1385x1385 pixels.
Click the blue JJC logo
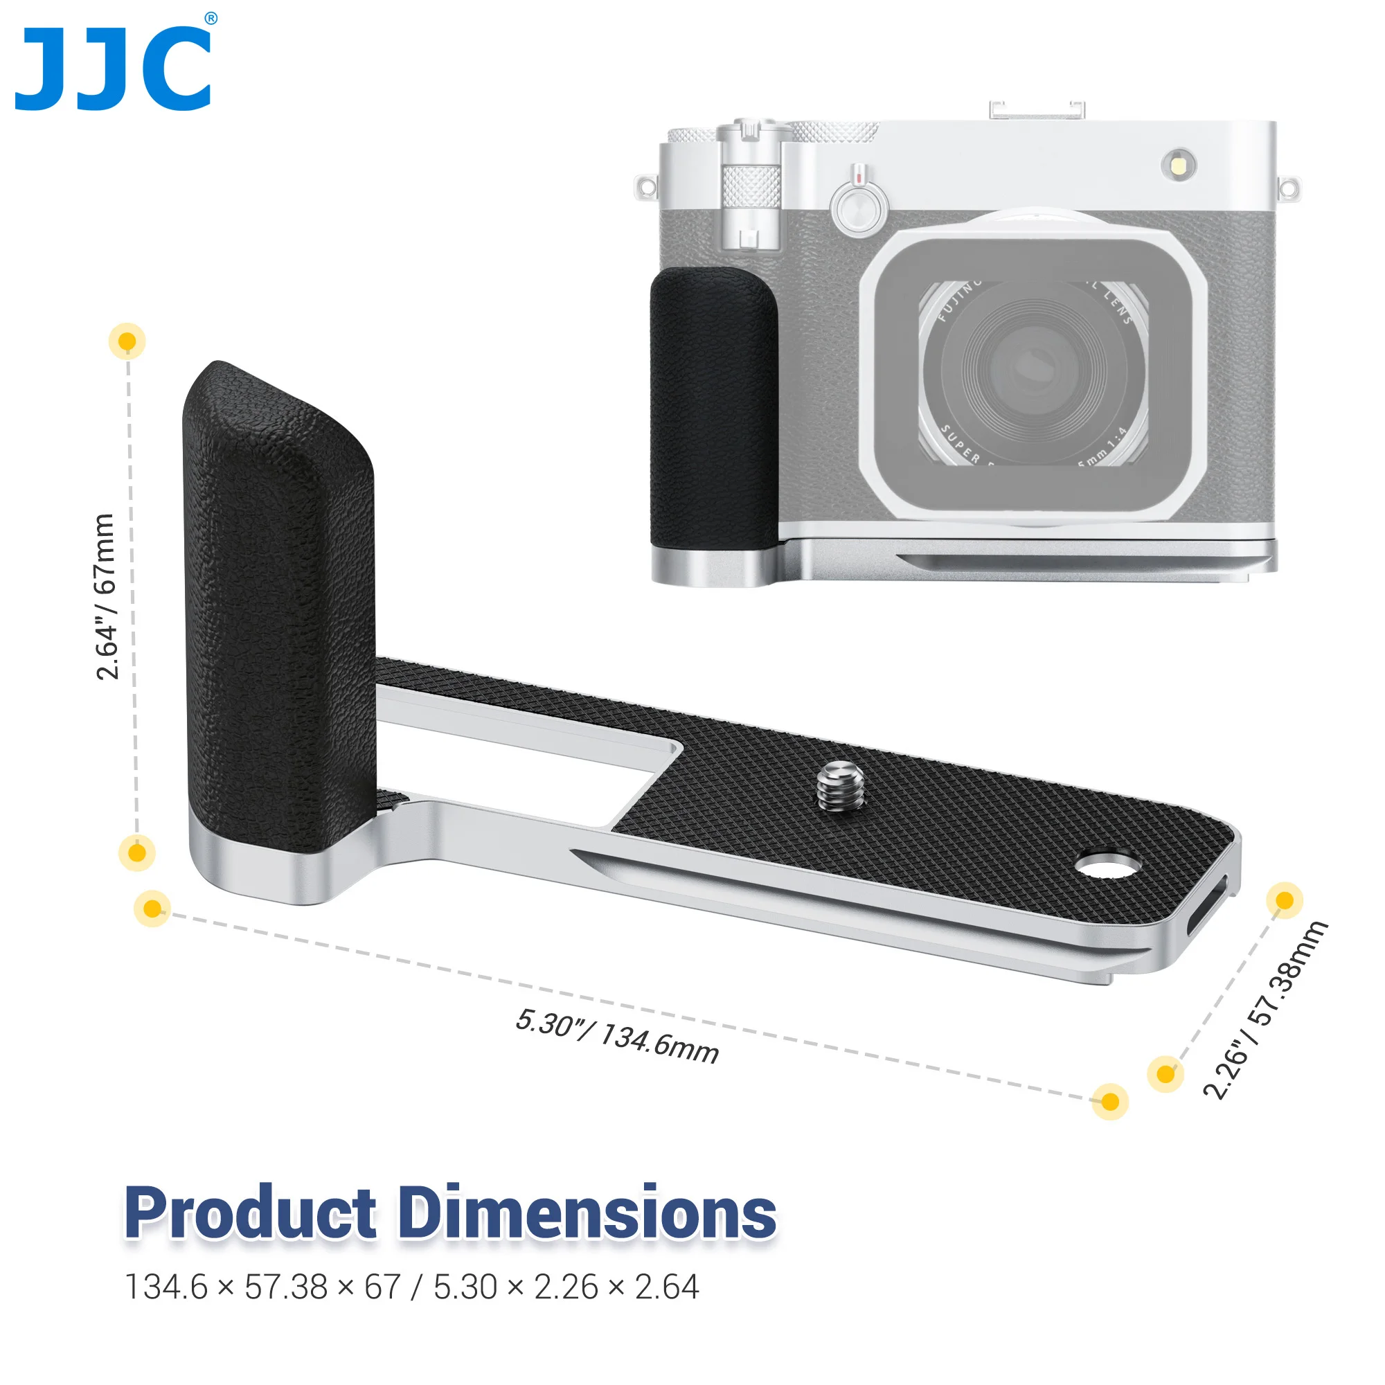(x=113, y=69)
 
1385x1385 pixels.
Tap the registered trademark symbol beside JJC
(x=211, y=19)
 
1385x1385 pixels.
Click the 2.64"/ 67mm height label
(x=105, y=596)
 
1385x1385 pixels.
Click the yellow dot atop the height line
(x=127, y=341)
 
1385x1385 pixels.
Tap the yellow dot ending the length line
(x=1109, y=1101)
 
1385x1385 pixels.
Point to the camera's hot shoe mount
(x=1037, y=109)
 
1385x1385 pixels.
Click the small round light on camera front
(x=1179, y=166)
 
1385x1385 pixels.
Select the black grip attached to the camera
(x=713, y=405)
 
